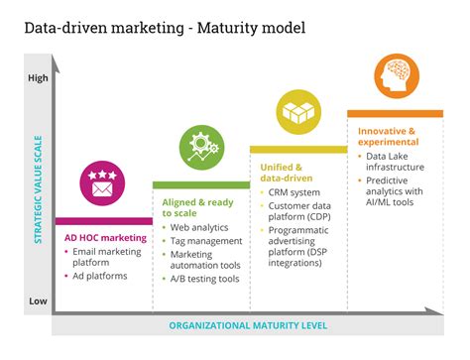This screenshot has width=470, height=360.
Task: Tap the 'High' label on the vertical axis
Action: (38, 77)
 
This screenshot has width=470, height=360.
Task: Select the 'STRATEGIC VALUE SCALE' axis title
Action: (39, 188)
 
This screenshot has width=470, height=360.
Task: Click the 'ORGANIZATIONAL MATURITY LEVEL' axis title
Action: (247, 325)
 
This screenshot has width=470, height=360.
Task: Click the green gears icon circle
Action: (200, 148)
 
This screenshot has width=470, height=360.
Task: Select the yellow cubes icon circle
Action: (296, 112)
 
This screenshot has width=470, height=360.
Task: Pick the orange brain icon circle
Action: (395, 75)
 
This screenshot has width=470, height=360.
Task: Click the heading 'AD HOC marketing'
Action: (105, 238)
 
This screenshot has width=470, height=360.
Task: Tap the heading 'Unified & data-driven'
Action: (284, 173)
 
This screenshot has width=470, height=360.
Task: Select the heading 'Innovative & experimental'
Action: (387, 136)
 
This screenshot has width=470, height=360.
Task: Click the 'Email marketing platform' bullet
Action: (110, 257)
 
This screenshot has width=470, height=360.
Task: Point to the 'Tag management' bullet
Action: (206, 240)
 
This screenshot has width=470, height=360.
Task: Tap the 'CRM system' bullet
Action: (295, 191)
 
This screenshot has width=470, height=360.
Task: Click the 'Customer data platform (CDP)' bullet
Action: (300, 210)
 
